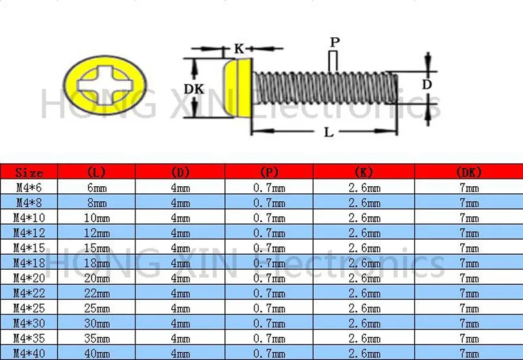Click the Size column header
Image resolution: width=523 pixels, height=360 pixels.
click(x=29, y=172)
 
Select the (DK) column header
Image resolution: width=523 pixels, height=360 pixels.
click(x=468, y=172)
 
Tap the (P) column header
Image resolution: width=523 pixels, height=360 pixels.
click(x=269, y=172)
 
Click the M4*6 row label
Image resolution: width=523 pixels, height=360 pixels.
click(x=29, y=188)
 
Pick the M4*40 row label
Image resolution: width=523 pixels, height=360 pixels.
click(x=29, y=353)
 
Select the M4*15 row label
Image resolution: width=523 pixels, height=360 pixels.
click(x=29, y=248)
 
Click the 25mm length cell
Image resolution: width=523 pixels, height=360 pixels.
click(x=96, y=308)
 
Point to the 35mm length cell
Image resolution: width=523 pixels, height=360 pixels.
click(x=96, y=338)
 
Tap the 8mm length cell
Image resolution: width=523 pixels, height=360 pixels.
click(x=96, y=203)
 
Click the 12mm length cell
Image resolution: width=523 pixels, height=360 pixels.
click(x=96, y=233)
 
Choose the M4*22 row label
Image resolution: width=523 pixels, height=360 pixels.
click(x=29, y=293)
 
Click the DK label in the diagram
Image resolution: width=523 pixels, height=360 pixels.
click(x=194, y=89)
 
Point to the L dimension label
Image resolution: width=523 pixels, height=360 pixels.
click(x=329, y=132)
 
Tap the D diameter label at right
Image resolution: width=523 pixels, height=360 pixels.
click(x=426, y=84)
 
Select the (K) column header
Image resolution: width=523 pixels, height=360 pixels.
click(x=363, y=172)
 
